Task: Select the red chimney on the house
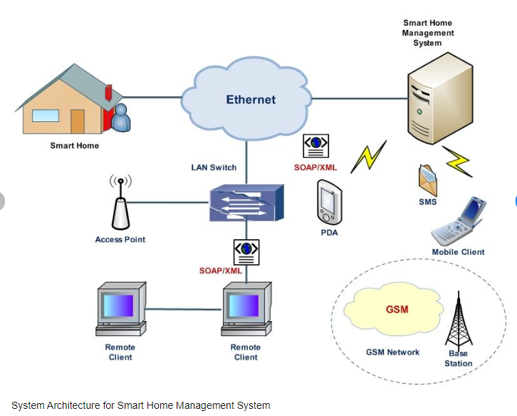(x=108, y=93)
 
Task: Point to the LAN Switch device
(x=246, y=202)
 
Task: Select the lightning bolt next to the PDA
(x=368, y=156)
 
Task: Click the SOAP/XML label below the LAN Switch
(x=221, y=271)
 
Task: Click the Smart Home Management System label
(x=427, y=33)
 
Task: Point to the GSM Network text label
(x=392, y=352)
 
